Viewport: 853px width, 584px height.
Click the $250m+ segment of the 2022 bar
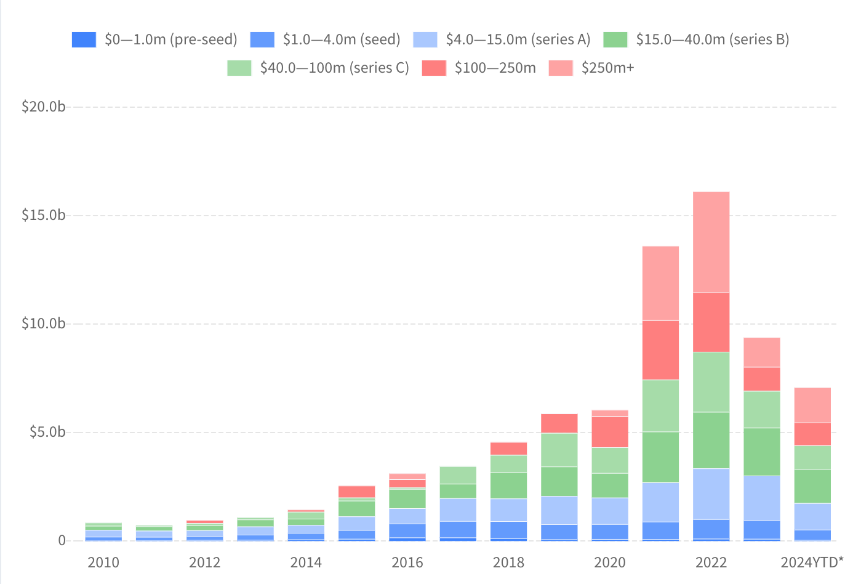point(711,242)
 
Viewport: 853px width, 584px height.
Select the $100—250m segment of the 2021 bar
point(660,350)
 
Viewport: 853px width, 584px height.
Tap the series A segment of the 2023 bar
point(761,498)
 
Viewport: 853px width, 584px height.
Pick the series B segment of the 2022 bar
point(711,440)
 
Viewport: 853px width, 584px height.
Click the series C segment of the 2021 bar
point(660,405)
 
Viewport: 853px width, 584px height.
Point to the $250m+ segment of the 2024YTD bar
point(812,405)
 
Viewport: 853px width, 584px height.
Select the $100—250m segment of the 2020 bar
point(610,432)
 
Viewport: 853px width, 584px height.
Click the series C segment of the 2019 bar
point(559,450)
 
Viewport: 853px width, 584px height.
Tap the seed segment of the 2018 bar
point(508,530)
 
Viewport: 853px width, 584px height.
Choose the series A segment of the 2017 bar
point(458,509)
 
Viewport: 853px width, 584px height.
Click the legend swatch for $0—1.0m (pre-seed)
point(84,39)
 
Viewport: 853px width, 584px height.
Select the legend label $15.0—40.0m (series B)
point(712,39)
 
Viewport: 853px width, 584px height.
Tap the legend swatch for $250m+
point(560,68)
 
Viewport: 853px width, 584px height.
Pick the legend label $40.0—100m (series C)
point(334,68)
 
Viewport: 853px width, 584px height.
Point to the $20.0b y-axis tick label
point(43,107)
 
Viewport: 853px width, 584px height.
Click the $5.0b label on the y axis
point(47,432)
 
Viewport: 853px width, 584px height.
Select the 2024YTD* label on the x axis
point(812,562)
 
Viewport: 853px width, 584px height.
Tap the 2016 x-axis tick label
point(407,562)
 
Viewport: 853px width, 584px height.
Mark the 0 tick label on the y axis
point(62,540)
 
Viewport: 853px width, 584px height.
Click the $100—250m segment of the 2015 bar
point(356,492)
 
